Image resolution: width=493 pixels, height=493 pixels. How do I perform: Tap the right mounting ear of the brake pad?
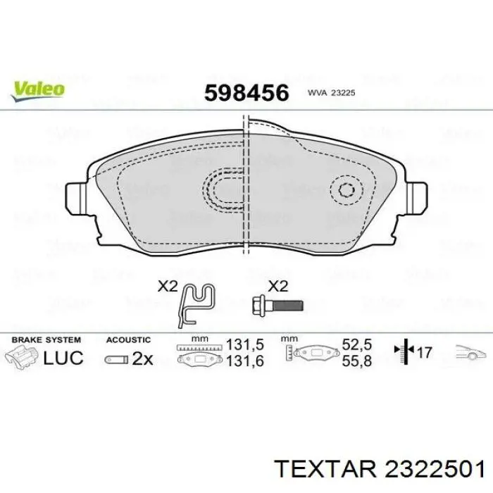click(x=417, y=195)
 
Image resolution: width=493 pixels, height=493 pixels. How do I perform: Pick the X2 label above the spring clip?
click(x=168, y=286)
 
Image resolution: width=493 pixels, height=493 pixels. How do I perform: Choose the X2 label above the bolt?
click(x=278, y=286)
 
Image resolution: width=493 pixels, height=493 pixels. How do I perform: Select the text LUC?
click(x=63, y=358)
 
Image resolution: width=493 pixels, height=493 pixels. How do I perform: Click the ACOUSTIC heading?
click(x=128, y=339)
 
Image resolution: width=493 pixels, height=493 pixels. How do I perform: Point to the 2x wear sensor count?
click(x=142, y=358)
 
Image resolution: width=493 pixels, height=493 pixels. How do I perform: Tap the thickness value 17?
click(x=425, y=351)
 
